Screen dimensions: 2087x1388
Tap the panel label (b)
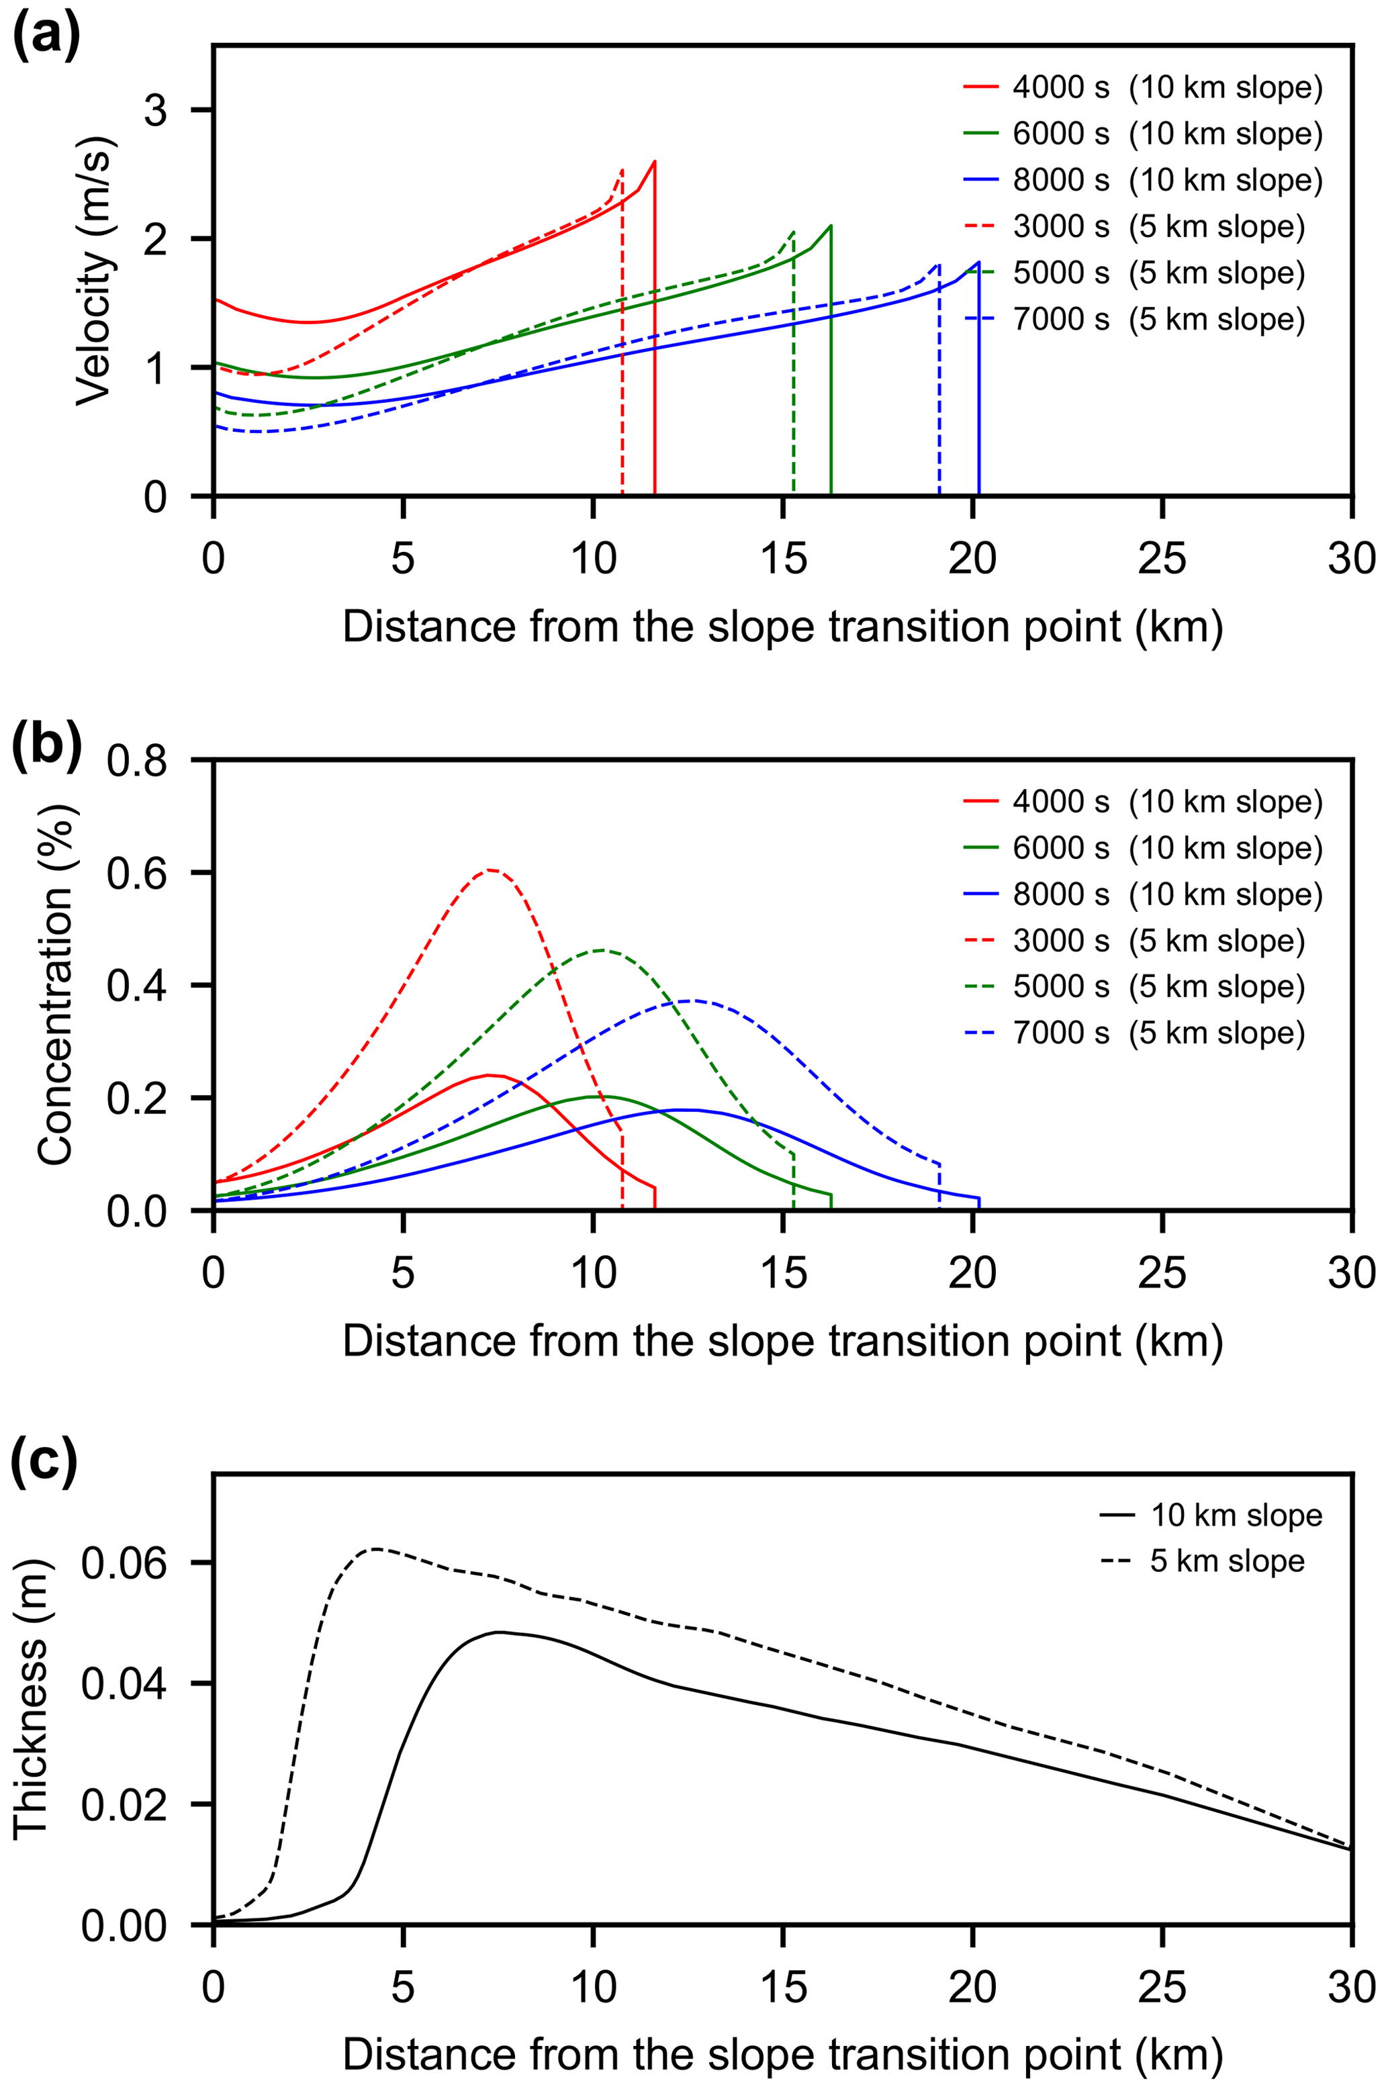[46, 742]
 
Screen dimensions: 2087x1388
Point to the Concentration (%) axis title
[55, 984]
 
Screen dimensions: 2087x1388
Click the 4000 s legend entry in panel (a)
[1142, 87]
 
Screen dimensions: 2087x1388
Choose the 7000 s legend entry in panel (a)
[1133, 319]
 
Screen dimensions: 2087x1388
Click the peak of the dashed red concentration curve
[490, 870]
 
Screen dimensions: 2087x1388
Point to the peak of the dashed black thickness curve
[376, 1549]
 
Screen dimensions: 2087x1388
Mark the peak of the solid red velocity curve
[654, 161]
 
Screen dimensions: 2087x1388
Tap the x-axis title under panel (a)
[782, 627]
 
